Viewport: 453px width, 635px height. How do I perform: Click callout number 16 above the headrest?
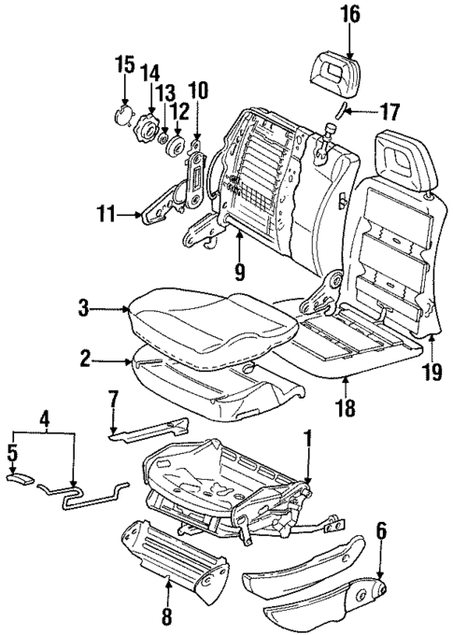point(350,15)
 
